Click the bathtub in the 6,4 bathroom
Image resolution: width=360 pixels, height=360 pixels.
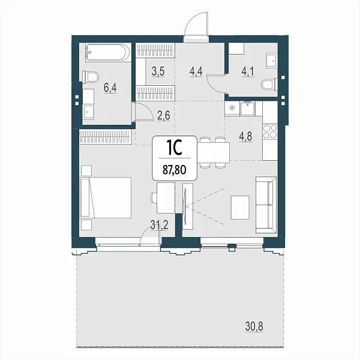[x=107, y=53]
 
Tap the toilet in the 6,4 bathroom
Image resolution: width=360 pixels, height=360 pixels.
[x=91, y=77]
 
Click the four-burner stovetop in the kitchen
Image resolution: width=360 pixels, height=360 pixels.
[x=270, y=131]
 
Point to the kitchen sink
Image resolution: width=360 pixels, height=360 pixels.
[x=247, y=108]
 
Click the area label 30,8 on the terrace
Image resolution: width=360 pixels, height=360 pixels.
[x=254, y=326]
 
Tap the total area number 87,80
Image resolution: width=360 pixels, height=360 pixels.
[x=175, y=170]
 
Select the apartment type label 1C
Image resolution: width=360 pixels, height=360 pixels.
[x=174, y=148]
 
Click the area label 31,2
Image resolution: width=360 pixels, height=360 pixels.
[x=160, y=224]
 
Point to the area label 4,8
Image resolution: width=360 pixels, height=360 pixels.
[x=245, y=137]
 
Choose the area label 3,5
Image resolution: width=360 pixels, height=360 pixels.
[x=158, y=71]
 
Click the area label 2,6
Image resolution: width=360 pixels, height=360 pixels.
[x=164, y=115]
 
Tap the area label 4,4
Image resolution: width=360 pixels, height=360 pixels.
[x=196, y=71]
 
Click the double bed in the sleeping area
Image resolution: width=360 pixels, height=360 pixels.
[x=106, y=197]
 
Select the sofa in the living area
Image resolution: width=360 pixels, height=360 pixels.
[x=266, y=205]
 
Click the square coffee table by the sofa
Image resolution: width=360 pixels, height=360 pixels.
[x=240, y=208]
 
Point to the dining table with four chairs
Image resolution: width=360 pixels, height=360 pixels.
[x=214, y=152]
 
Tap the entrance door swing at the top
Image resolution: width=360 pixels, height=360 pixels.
[x=196, y=24]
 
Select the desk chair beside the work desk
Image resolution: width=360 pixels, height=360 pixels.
[x=154, y=197]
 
